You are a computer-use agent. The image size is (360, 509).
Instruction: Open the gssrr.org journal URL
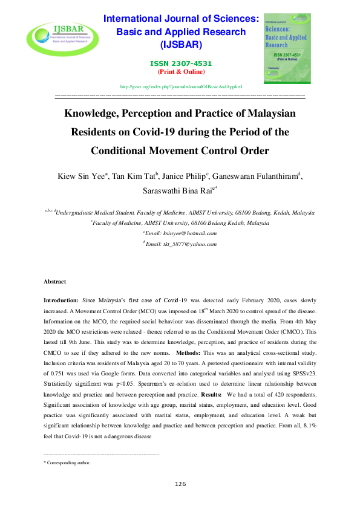point(181,87)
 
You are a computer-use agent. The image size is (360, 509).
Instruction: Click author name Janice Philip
point(183,177)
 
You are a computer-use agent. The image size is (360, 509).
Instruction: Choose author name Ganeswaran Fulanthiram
point(255,177)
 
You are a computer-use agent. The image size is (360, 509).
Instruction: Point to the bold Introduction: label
point(61,300)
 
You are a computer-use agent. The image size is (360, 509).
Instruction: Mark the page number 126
point(180,484)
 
